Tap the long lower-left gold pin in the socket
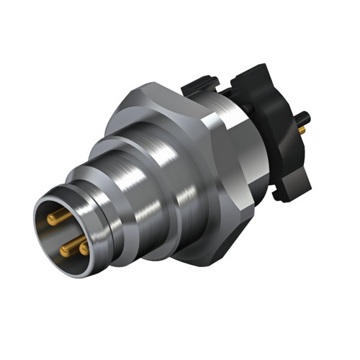point(69,249)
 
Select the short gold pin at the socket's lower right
point(85,248)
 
